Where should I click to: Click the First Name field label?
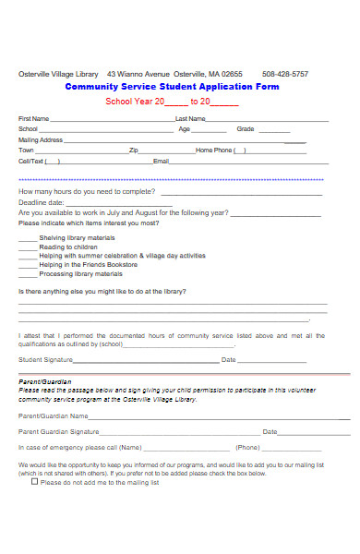tap(34, 119)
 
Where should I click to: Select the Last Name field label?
tap(190, 119)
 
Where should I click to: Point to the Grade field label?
tap(245, 129)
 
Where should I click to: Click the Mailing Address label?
tap(41, 139)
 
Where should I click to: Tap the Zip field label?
tap(134, 150)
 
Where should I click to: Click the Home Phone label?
tap(214, 150)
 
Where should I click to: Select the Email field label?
tap(161, 161)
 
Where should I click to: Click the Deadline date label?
tap(41, 201)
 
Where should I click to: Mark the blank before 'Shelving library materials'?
tap(28, 237)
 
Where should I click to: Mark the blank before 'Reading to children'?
tap(28, 247)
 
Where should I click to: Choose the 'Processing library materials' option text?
tap(81, 274)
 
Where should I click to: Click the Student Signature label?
tap(46, 359)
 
